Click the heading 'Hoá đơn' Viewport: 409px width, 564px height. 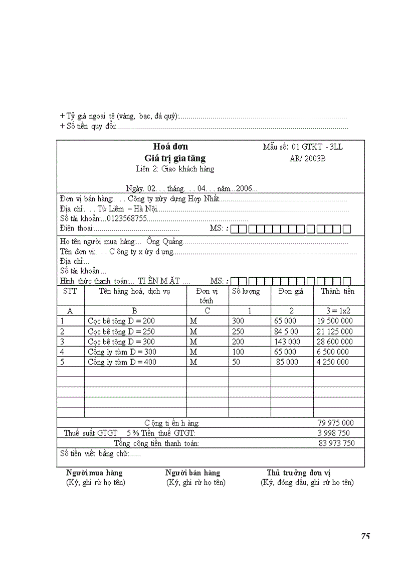click(170, 147)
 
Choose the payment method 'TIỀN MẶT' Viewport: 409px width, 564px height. click(159, 281)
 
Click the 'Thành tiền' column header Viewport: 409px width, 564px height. click(337, 291)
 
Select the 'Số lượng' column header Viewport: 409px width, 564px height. click(246, 291)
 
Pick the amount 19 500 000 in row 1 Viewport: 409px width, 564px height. click(335, 321)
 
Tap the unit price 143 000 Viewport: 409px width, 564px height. click(287, 342)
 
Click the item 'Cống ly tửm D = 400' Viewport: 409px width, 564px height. click(122, 362)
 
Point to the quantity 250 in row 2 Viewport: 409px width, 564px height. click(238, 331)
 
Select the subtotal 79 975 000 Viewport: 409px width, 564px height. click(335, 423)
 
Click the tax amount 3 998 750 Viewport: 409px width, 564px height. click(334, 433)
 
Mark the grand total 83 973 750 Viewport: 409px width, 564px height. click(336, 443)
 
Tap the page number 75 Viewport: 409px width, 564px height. click(365, 536)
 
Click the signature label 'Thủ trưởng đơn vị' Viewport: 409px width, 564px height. click(298, 473)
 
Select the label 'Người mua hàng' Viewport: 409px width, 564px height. click(94, 473)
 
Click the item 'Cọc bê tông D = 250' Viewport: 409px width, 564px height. click(121, 331)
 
